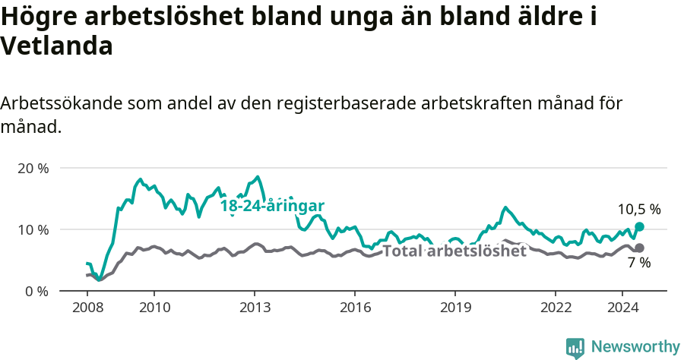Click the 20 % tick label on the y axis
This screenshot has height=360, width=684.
point(33,168)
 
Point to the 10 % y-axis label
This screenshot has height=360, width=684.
point(33,229)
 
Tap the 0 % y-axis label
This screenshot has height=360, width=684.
point(36,291)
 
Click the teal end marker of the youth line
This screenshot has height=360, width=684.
point(640,226)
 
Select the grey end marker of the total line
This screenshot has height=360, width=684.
point(640,248)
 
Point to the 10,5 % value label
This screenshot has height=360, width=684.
point(638,209)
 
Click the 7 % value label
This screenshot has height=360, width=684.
point(639,263)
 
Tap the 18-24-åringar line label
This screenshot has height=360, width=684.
point(272,206)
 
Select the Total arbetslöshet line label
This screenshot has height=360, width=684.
point(454,251)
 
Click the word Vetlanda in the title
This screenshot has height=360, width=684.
point(57,46)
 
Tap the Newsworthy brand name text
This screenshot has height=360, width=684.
point(635,347)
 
